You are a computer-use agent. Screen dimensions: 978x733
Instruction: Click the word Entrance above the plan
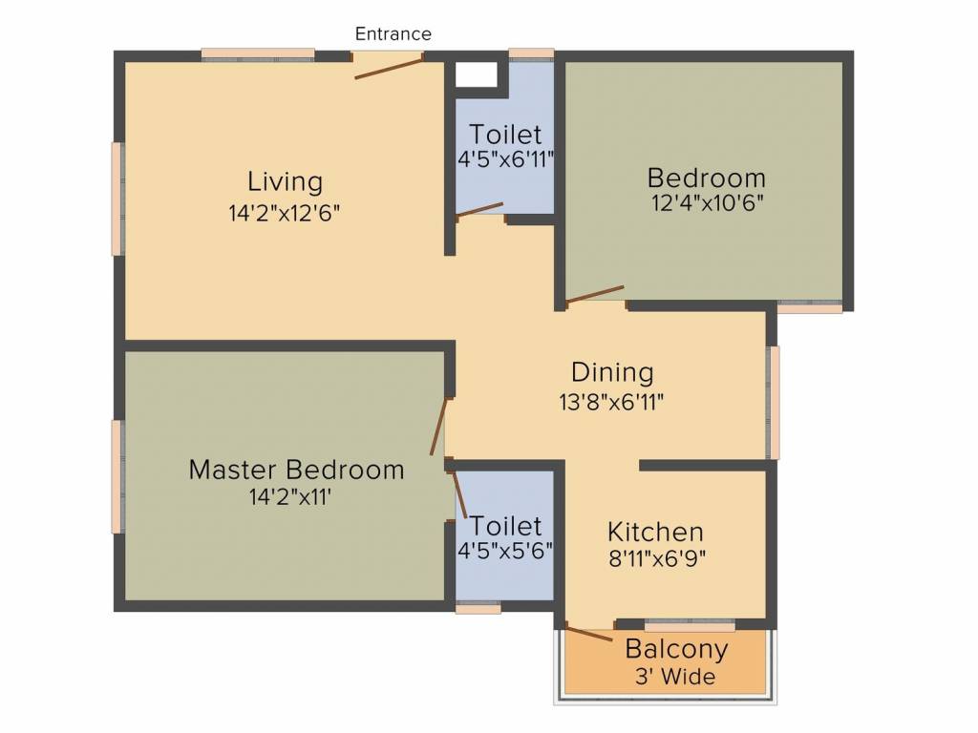point(393,33)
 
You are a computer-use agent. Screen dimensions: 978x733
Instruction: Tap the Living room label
point(285,182)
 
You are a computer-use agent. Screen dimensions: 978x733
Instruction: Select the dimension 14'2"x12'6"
point(285,213)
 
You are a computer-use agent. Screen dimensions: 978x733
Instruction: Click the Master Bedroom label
point(296,470)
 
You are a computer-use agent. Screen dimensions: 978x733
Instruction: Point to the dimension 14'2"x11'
point(290,496)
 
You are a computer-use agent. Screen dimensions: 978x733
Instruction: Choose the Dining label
point(612,373)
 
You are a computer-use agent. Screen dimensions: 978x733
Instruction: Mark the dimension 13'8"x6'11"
point(611,402)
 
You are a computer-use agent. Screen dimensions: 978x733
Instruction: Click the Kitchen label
point(655,532)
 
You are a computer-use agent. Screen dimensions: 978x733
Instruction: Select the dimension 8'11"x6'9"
point(657,559)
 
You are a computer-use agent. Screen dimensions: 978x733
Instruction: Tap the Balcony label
point(677,649)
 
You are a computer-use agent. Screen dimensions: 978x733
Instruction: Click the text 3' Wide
point(675,677)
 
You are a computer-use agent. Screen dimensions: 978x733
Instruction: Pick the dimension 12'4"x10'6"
point(708,203)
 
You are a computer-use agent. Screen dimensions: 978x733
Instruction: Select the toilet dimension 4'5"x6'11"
point(506,160)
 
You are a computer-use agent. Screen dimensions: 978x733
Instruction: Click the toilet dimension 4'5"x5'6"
point(505,551)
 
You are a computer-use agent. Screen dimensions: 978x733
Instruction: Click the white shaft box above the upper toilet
point(477,74)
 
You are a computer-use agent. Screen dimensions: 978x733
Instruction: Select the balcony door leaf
point(588,632)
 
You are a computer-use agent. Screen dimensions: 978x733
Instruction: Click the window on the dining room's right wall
point(774,403)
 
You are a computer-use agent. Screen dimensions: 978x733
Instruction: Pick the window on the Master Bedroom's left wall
point(117,477)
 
